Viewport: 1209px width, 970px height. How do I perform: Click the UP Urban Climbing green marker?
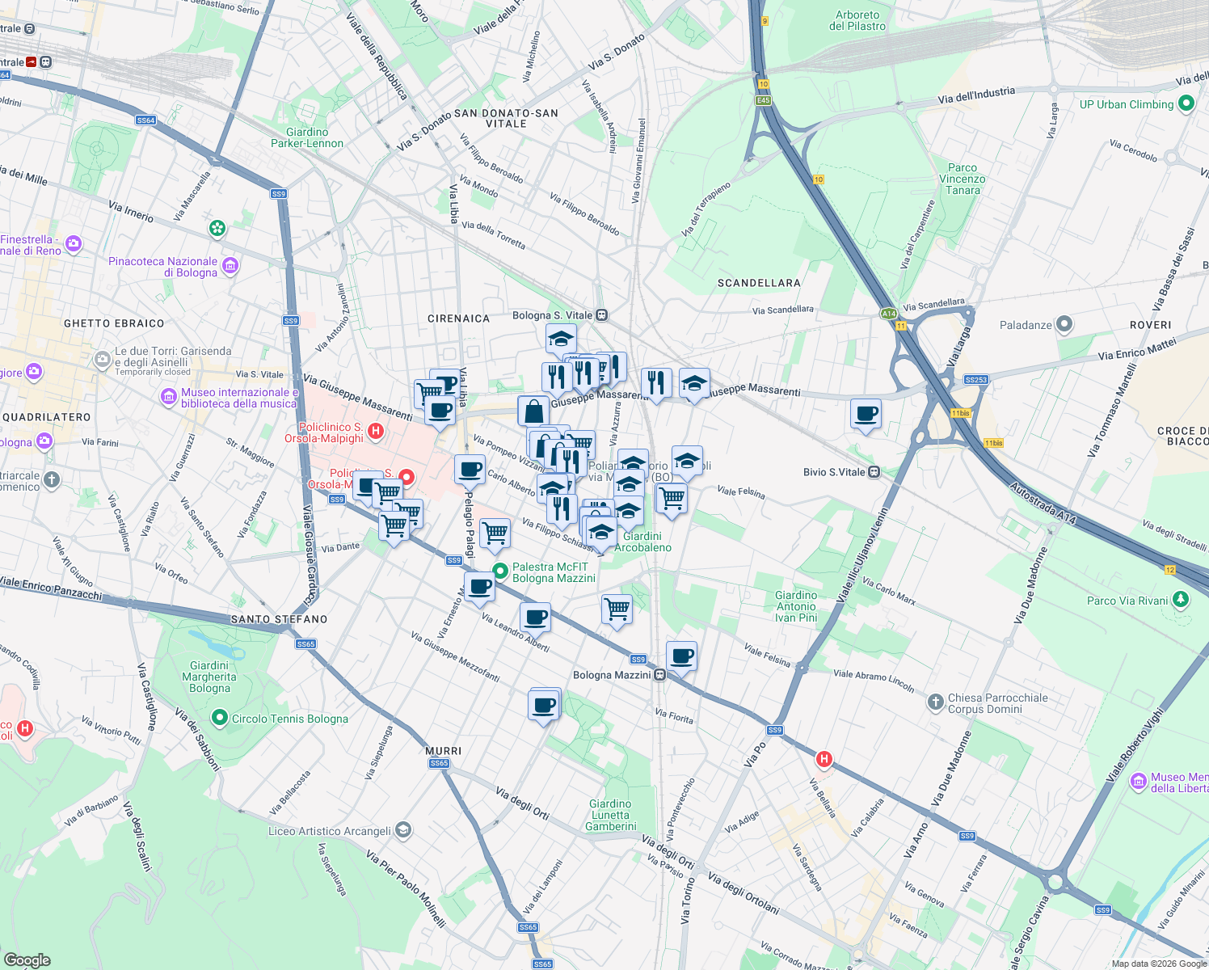click(x=1186, y=103)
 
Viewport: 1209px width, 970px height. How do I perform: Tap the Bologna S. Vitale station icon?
click(x=601, y=315)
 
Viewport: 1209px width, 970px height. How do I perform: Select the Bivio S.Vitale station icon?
click(x=874, y=472)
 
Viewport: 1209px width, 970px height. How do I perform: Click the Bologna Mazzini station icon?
click(x=659, y=675)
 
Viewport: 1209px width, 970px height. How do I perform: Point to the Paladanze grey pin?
click(x=1064, y=325)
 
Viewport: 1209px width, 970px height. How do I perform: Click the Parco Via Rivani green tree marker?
click(x=1181, y=600)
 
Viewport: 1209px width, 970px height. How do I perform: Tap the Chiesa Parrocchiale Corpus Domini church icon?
click(x=935, y=702)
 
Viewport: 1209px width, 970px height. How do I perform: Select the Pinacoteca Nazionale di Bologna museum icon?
click(x=230, y=265)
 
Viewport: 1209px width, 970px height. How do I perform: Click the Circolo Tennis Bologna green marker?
click(x=219, y=718)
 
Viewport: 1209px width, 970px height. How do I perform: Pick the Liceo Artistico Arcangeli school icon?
click(x=403, y=830)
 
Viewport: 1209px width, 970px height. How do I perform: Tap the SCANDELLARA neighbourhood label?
click(x=759, y=283)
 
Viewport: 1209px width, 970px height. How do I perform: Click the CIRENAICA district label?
click(x=458, y=318)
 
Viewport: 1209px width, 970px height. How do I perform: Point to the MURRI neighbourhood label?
click(x=443, y=751)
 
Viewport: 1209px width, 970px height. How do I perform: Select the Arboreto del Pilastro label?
click(x=857, y=21)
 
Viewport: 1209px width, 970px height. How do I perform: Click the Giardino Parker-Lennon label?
click(x=307, y=137)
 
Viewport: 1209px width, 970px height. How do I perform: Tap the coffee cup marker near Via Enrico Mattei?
click(x=866, y=415)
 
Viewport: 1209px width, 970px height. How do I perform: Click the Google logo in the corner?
click(x=27, y=960)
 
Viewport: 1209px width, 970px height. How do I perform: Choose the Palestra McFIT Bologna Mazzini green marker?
click(x=500, y=571)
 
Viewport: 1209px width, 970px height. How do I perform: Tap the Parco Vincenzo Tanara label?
click(x=962, y=179)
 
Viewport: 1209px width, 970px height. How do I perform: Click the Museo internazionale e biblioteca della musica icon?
click(x=169, y=396)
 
